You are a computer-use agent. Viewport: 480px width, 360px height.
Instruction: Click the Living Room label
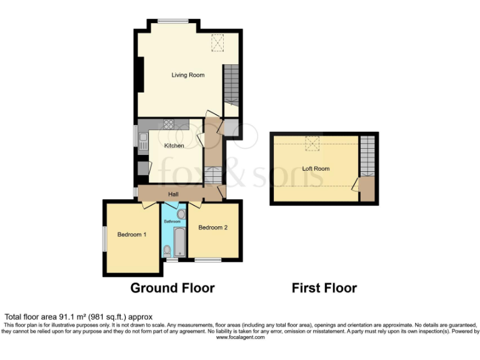click(188, 75)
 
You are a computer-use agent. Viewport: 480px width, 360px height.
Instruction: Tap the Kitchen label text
click(174, 146)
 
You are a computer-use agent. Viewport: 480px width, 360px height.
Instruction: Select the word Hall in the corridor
click(173, 194)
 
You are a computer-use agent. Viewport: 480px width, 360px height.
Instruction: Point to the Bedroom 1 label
click(132, 235)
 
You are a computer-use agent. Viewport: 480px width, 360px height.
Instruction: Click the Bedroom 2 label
click(212, 227)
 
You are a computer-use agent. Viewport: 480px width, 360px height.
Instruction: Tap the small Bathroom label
click(172, 222)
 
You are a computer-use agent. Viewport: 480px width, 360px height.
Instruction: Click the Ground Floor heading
click(172, 288)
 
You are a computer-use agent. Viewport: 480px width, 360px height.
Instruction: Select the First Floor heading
click(324, 288)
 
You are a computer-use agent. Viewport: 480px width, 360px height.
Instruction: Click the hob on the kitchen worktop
click(168, 124)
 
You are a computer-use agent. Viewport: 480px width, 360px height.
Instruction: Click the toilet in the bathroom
click(167, 251)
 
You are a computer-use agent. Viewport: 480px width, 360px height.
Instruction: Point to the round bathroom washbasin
click(181, 214)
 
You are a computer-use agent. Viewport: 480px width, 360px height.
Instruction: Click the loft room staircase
click(369, 156)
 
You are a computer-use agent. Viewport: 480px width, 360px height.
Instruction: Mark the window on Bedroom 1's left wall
click(104, 238)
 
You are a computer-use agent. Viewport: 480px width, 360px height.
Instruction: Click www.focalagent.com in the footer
click(240, 337)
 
